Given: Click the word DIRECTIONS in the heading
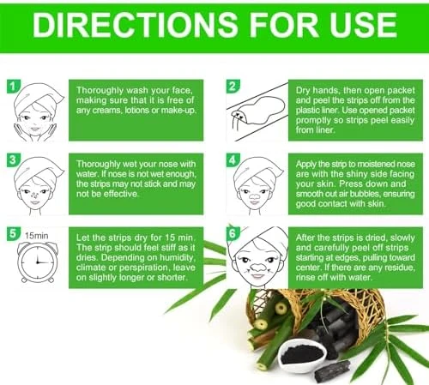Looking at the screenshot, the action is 135,25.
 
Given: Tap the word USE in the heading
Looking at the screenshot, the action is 363,25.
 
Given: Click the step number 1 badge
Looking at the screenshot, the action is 13,86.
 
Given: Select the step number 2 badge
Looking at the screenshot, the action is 233,86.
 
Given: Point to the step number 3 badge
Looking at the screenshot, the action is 13,159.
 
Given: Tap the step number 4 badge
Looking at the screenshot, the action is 233,159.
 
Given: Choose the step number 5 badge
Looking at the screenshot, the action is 13,233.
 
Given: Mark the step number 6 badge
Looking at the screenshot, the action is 233,233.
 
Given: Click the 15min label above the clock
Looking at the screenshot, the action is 36,236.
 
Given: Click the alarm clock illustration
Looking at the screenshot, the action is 37,262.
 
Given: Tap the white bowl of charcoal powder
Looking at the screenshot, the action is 302,356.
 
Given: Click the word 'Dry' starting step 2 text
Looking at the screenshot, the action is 303,91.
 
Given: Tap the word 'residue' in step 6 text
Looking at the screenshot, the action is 400,268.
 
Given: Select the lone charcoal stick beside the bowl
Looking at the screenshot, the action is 332,370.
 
